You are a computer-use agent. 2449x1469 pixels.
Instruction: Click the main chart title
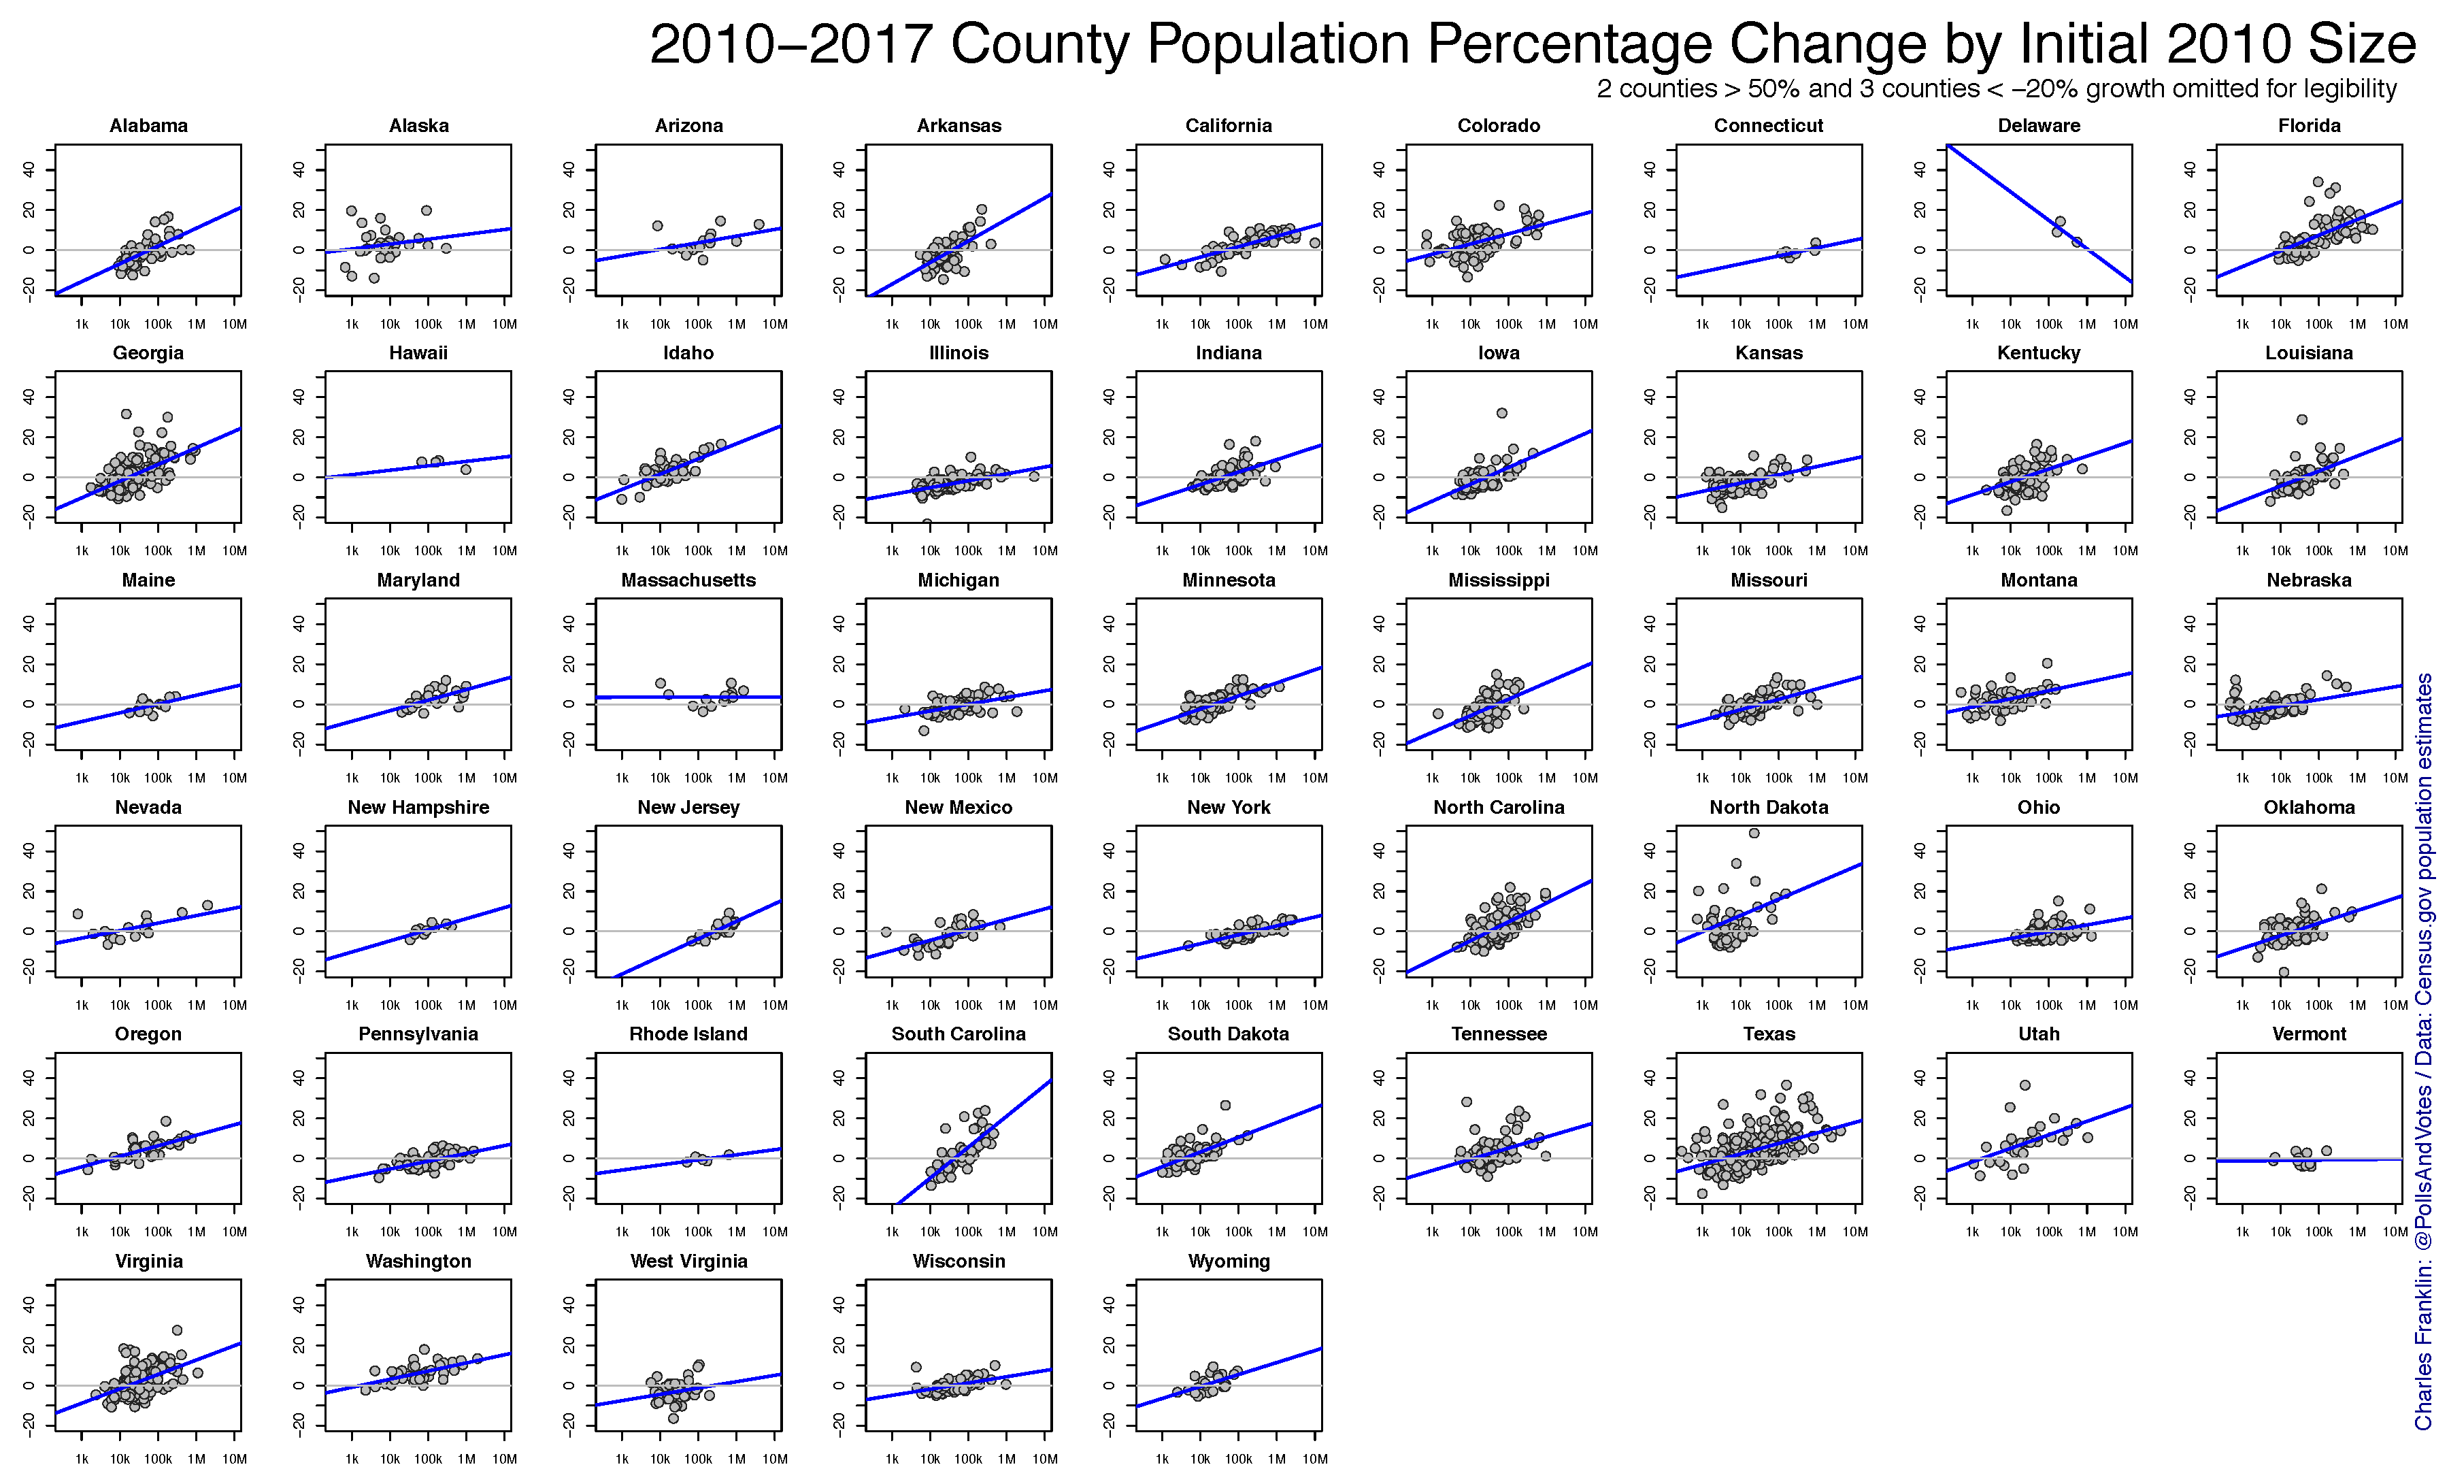(1532, 44)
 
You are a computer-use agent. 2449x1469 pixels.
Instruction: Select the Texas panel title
(1768, 1034)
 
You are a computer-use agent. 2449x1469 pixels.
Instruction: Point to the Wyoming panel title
(1228, 1261)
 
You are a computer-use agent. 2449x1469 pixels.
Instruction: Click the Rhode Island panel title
(688, 1034)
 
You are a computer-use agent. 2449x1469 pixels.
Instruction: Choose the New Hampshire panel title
(418, 807)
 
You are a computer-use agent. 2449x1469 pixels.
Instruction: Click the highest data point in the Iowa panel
(1501, 413)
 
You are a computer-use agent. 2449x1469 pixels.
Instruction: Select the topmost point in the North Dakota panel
(1754, 833)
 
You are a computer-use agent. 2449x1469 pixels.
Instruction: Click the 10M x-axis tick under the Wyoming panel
(1315, 1458)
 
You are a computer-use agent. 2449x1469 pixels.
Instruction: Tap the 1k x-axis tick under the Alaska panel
(351, 324)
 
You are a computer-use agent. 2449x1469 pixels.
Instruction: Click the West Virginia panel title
(688, 1261)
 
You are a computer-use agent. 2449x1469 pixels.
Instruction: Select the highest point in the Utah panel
(2025, 1085)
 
